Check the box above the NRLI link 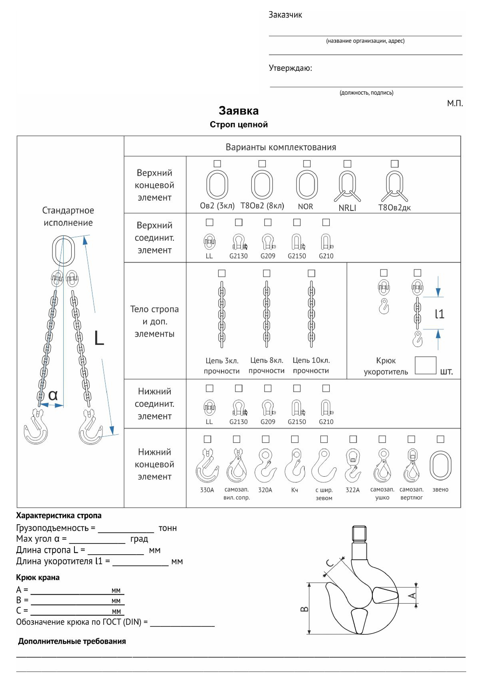coord(347,164)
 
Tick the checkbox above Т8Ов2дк coord(395,164)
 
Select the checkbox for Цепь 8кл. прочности coord(266,273)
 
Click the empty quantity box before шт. coord(425,365)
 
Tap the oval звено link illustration coord(440,466)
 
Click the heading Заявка coord(239,111)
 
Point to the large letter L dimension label coord(99,338)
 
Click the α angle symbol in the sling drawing coord(53,395)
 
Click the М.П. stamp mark coord(455,104)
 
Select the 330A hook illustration coord(207,466)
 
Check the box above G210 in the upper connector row coord(326,222)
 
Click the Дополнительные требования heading coord(72,641)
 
